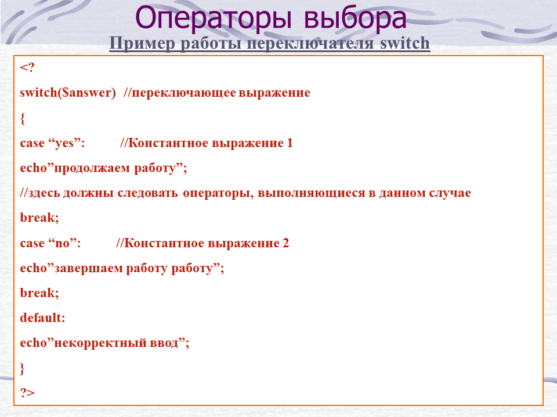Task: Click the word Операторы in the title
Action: pos(214,19)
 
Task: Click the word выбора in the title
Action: pos(355,18)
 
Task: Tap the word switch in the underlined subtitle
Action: pos(404,43)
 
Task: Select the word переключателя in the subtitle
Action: pos(310,43)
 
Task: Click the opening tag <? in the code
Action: pos(27,67)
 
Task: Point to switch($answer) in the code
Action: pos(68,93)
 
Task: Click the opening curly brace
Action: pos(23,118)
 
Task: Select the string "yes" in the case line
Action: pos(64,143)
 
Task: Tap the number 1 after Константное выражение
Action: pos(290,143)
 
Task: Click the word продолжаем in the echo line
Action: pos(92,169)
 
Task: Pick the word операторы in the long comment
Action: pos(218,193)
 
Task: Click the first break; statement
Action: pos(39,217)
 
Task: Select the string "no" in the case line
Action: pos(62,243)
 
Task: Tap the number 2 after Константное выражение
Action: pos(285,243)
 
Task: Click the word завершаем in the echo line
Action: pos(88,268)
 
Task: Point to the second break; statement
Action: pos(39,293)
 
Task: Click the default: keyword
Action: pos(42,318)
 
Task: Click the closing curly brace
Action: pos(23,368)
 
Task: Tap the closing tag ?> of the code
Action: pos(27,393)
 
